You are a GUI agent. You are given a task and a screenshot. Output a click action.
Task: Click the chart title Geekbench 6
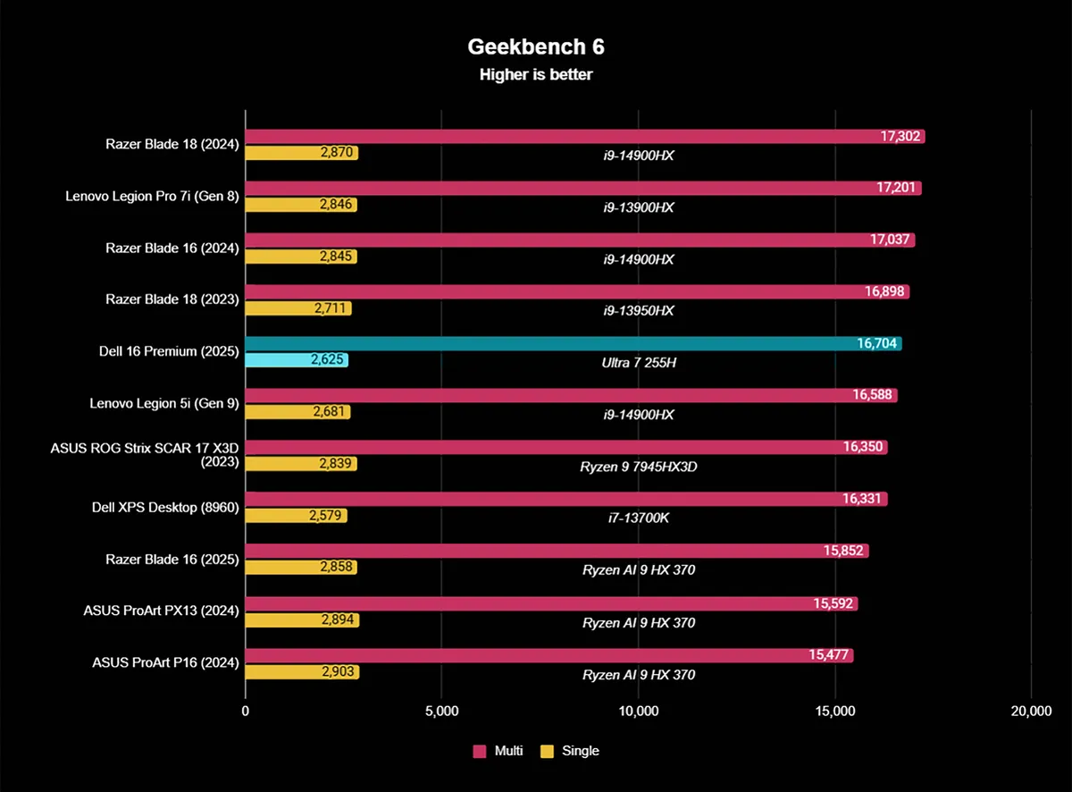[535, 46]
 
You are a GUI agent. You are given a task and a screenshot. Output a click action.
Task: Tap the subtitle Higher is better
[535, 75]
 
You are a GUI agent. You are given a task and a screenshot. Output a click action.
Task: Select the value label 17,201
[896, 189]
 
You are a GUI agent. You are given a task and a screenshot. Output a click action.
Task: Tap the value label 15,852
[844, 551]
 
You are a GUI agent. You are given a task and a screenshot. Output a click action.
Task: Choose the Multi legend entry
[498, 751]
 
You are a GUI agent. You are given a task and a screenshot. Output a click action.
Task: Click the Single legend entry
[570, 751]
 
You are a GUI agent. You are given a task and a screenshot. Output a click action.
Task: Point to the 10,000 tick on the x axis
[638, 712]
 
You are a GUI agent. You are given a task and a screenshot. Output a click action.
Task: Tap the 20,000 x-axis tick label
[1030, 712]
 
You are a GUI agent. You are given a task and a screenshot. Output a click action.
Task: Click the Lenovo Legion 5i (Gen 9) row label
[163, 403]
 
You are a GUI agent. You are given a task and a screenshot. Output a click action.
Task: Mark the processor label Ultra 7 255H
[638, 363]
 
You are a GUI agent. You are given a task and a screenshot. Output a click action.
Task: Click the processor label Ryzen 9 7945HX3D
[638, 467]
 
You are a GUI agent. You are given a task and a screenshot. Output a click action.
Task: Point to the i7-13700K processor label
[638, 518]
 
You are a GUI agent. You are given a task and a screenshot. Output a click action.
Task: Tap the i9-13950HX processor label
[638, 310]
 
